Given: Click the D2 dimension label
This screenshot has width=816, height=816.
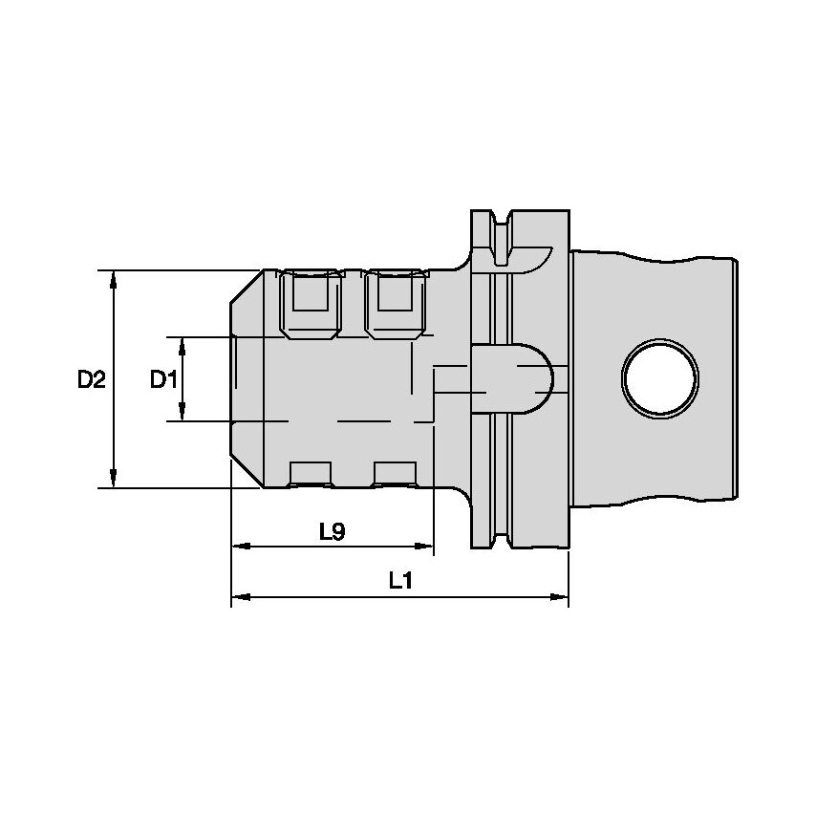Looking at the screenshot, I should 91,379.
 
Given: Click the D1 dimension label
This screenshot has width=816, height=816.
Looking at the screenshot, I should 163,379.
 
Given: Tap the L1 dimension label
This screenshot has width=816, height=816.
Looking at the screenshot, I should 400,581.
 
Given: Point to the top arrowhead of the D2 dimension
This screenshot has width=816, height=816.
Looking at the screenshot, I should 114,278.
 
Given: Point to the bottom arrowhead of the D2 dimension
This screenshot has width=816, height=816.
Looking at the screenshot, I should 114,480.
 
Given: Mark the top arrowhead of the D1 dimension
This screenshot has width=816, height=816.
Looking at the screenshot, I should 183,344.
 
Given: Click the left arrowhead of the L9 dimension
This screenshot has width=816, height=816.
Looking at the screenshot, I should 240,547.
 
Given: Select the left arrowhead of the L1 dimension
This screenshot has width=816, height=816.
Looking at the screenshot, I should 240,597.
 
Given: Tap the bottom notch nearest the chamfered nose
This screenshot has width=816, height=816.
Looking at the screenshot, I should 310,474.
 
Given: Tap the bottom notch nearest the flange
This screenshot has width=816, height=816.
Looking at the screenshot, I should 395,474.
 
